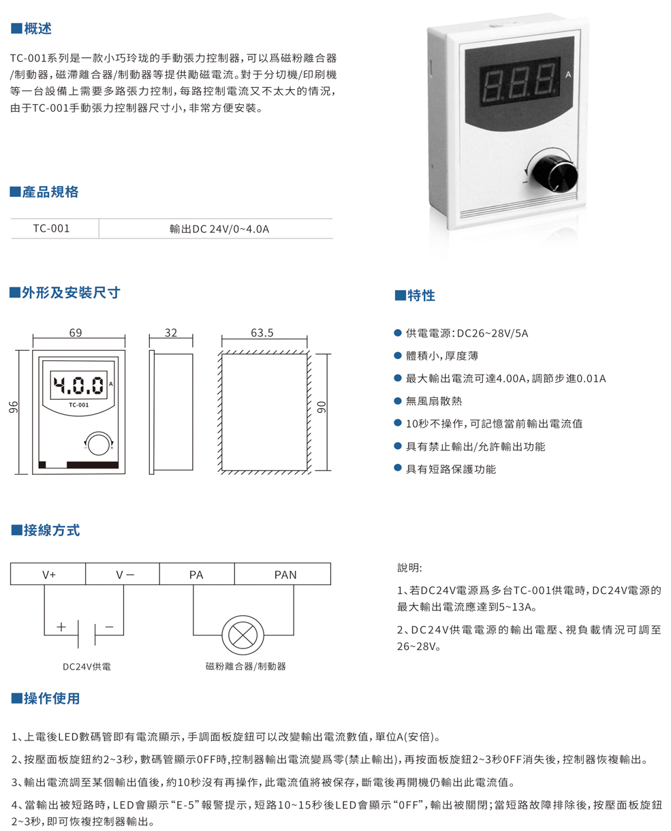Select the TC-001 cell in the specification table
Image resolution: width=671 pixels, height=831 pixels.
pyautogui.click(x=51, y=229)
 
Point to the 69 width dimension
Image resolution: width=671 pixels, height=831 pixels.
pyautogui.click(x=75, y=334)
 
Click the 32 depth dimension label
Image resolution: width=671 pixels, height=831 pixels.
pyautogui.click(x=171, y=334)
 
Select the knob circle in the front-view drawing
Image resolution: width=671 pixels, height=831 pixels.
pyautogui.click(x=99, y=443)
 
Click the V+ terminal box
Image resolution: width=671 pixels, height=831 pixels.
pyautogui.click(x=49, y=574)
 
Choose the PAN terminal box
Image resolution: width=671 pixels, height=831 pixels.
pyautogui.click(x=285, y=574)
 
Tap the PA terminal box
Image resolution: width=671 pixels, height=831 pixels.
pyautogui.click(x=196, y=574)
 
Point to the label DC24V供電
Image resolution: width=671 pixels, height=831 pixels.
pyautogui.click(x=86, y=667)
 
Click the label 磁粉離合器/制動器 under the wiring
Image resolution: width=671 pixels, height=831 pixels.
pyautogui.click(x=245, y=666)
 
